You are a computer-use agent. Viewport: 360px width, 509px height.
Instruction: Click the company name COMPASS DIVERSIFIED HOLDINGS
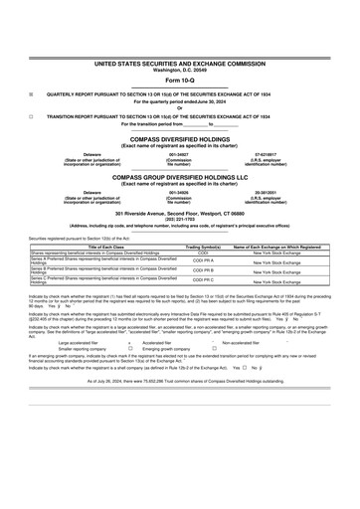pyautogui.click(x=180, y=140)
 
